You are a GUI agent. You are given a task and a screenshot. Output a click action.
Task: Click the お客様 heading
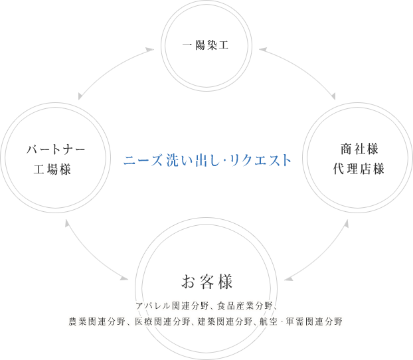pos(206,281)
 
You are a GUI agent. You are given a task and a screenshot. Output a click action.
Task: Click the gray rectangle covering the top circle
pos(206,23)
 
